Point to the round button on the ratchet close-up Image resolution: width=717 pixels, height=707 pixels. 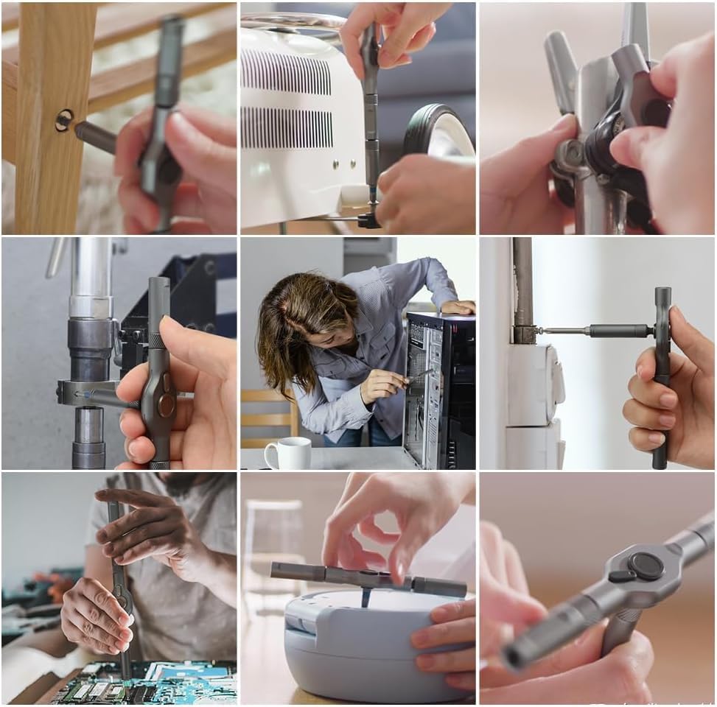645,566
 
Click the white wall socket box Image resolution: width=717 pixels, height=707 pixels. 534,387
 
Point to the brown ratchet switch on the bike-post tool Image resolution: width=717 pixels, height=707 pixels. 167,404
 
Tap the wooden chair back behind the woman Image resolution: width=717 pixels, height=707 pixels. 269,416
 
